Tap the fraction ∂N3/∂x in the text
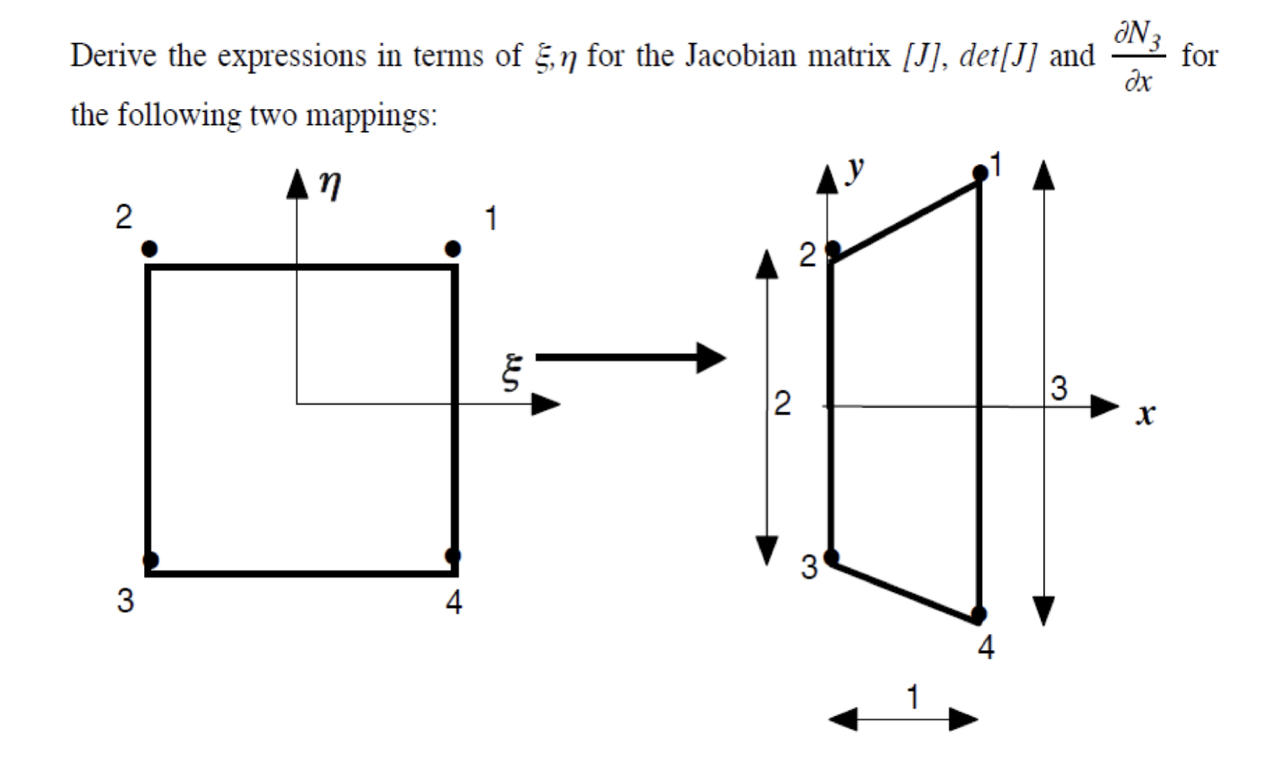pyautogui.click(x=1137, y=56)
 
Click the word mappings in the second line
pyautogui.click(x=370, y=115)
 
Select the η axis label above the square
pyautogui.click(x=330, y=185)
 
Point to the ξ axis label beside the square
pyautogui.click(x=511, y=372)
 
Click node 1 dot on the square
pyautogui.click(x=453, y=248)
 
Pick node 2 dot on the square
pyautogui.click(x=150, y=248)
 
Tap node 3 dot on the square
pyautogui.click(x=150, y=559)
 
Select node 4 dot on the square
pyautogui.click(x=453, y=555)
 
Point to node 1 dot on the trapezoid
pyautogui.click(x=980, y=173)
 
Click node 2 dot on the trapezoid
pyautogui.click(x=833, y=249)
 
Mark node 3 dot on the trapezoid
pyautogui.click(x=831, y=557)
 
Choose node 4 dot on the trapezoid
pyautogui.click(x=979, y=615)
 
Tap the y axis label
pyautogui.click(x=856, y=167)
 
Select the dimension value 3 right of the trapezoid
pyautogui.click(x=1059, y=388)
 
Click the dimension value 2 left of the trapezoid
pyautogui.click(x=781, y=403)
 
